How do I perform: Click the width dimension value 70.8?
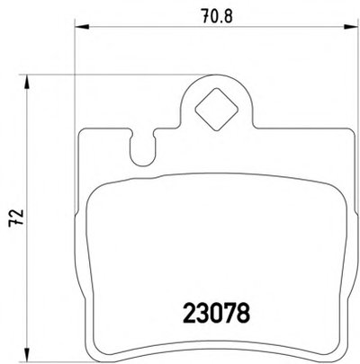[217, 15]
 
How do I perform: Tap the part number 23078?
[216, 313]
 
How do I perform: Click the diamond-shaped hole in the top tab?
[216, 110]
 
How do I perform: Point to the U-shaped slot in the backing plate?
[143, 147]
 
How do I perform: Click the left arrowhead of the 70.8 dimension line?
[82, 27]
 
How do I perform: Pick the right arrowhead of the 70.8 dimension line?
[351, 27]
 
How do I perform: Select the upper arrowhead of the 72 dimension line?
[27, 82]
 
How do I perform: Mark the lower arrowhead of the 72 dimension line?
[27, 355]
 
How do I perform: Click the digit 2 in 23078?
[189, 313]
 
